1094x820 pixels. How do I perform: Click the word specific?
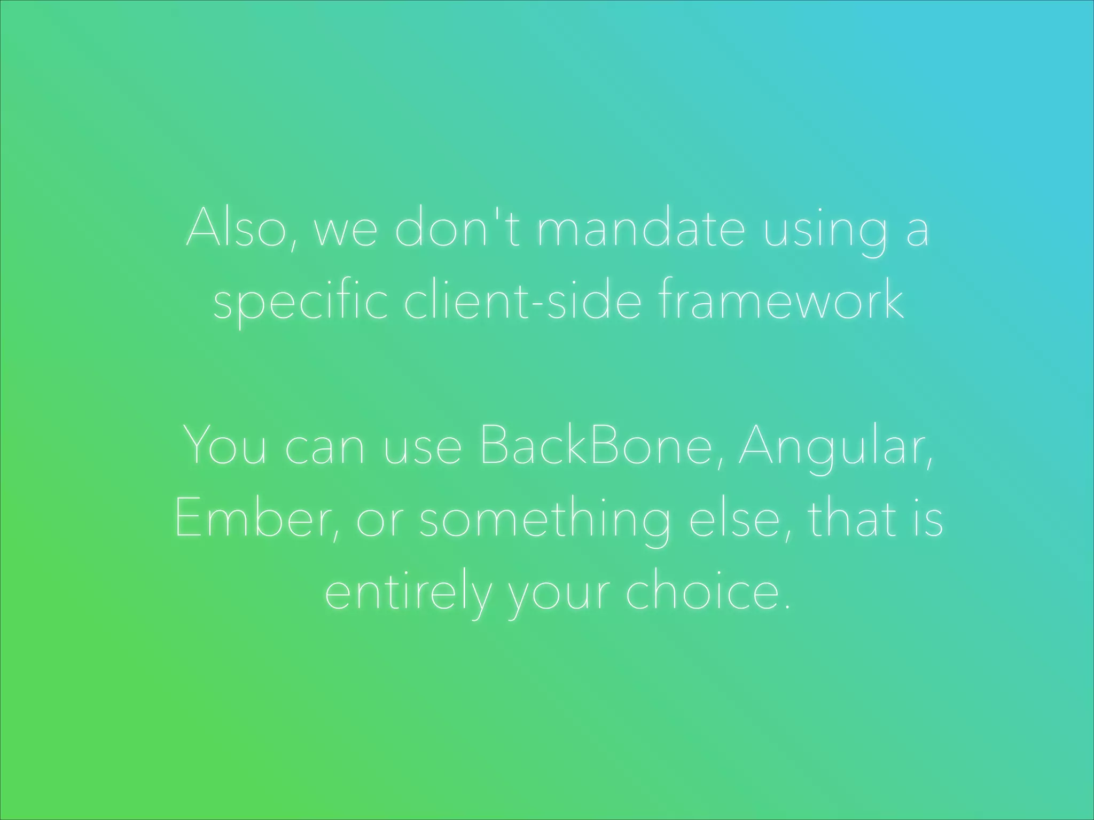[x=300, y=300]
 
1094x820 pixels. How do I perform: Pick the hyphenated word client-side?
[x=522, y=300]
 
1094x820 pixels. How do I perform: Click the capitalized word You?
[x=224, y=446]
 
